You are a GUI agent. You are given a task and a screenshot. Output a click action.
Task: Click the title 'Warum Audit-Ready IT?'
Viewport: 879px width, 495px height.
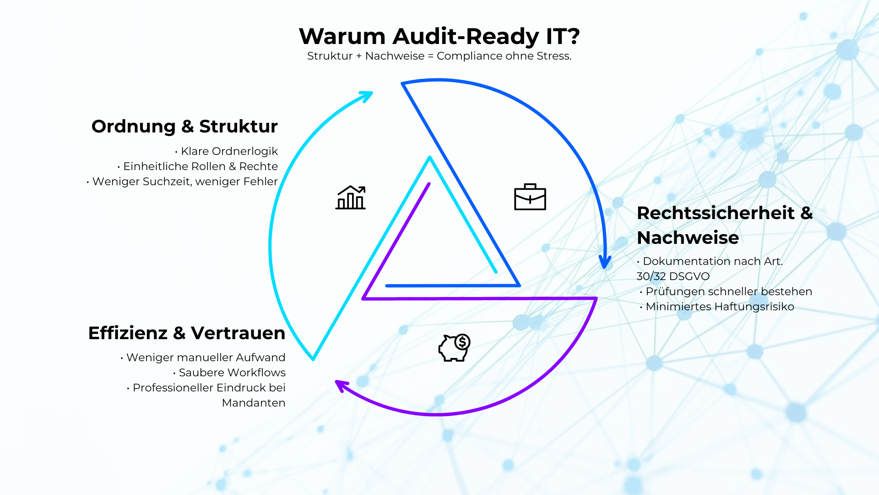click(x=439, y=36)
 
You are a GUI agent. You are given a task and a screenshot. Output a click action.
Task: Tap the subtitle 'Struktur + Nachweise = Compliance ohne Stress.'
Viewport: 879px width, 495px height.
click(x=439, y=56)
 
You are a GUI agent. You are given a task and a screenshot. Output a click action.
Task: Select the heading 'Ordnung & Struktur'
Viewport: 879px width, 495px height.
click(x=184, y=126)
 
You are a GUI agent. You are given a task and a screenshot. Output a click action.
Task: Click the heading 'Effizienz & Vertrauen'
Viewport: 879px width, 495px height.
click(x=186, y=333)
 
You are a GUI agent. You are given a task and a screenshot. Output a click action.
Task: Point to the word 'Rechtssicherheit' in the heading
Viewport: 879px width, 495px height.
click(x=716, y=213)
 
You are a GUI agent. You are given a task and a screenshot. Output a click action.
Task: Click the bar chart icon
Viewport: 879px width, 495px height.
click(x=351, y=198)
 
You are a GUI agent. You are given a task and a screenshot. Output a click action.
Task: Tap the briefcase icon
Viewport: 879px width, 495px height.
click(x=530, y=197)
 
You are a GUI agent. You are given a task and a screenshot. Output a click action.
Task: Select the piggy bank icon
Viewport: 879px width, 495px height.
click(x=453, y=348)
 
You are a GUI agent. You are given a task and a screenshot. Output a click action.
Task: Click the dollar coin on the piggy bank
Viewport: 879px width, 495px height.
click(x=462, y=342)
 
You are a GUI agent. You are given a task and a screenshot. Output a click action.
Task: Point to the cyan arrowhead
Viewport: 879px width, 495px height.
click(x=367, y=96)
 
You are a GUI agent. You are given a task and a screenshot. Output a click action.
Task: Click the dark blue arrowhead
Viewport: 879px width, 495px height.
click(x=605, y=262)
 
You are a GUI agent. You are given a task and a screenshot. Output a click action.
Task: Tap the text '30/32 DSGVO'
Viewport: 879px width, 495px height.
click(x=673, y=276)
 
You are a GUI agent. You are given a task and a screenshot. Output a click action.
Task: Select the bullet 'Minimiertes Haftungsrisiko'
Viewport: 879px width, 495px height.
click(x=719, y=307)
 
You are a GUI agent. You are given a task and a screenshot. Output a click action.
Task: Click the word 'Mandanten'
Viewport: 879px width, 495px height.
click(x=254, y=403)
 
